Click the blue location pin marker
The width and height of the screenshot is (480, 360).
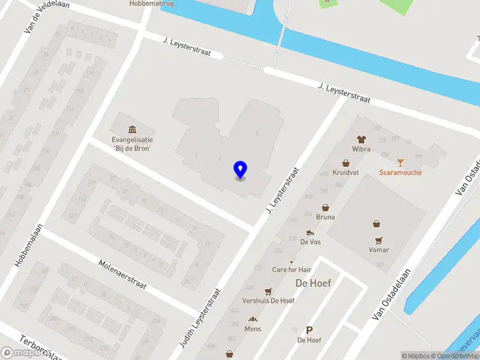coord(241,170)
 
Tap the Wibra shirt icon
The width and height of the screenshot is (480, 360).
coord(361,139)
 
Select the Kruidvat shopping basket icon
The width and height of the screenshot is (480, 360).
coord(346,163)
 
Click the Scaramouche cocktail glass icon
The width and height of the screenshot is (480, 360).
coord(400,162)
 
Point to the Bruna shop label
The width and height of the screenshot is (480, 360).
coord(325,217)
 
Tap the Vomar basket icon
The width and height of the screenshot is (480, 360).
coord(376,224)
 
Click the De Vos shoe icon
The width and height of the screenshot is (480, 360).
coord(310,232)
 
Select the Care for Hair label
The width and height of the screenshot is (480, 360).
coord(292,269)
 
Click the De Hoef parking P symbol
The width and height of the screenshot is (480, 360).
coord(310,330)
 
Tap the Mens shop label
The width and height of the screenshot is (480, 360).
coord(253,329)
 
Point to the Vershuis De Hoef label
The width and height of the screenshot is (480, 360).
coord(268,300)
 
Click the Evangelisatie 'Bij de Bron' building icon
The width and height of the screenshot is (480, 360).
coord(132,129)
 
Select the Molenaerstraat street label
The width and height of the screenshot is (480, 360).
coord(122,275)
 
